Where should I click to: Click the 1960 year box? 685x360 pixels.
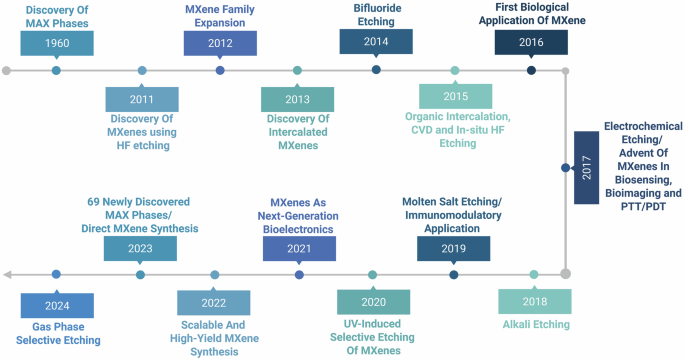56,43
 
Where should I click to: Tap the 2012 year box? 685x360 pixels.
219,43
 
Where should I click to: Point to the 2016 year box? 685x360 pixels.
532,43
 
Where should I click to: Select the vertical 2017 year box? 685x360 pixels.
585,171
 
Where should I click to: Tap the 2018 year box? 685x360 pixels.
534,300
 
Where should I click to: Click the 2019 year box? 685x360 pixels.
453,248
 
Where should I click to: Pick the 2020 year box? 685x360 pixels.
373,302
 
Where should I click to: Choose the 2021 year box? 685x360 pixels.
299,248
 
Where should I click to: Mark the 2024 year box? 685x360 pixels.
56,304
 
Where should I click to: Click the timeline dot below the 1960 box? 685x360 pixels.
56,70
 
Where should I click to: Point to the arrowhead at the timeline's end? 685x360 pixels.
8,274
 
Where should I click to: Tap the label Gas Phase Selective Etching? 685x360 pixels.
56,334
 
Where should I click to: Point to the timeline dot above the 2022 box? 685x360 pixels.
214,274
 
